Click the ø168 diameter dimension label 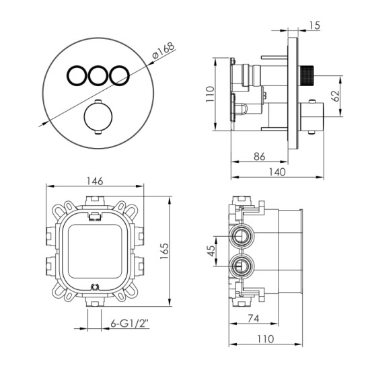[163, 50]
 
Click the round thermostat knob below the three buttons [98, 117]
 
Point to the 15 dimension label [315, 26]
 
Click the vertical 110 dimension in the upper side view [210, 94]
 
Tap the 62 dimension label [335, 96]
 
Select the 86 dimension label [259, 156]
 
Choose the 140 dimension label [277, 172]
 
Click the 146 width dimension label [95, 181]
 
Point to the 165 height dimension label [164, 251]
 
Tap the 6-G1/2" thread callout [130, 324]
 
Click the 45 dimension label [211, 251]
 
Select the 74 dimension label [254, 319]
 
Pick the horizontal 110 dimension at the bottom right [266, 339]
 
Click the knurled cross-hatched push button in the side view [305, 76]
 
